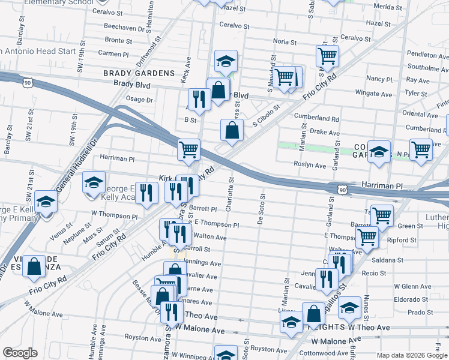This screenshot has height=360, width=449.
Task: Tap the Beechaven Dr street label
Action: click(124, 28)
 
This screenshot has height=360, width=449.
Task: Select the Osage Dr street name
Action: click(139, 100)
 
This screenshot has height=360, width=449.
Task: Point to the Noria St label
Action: click(285, 42)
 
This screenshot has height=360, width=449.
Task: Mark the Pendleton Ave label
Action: click(427, 54)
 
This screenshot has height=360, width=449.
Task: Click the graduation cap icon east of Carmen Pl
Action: click(226, 61)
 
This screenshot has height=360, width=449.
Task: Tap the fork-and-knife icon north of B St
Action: click(199, 99)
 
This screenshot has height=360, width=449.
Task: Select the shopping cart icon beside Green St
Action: click(382, 215)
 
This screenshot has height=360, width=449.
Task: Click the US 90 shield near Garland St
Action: click(342, 190)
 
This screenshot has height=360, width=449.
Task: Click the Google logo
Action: click(20, 353)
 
